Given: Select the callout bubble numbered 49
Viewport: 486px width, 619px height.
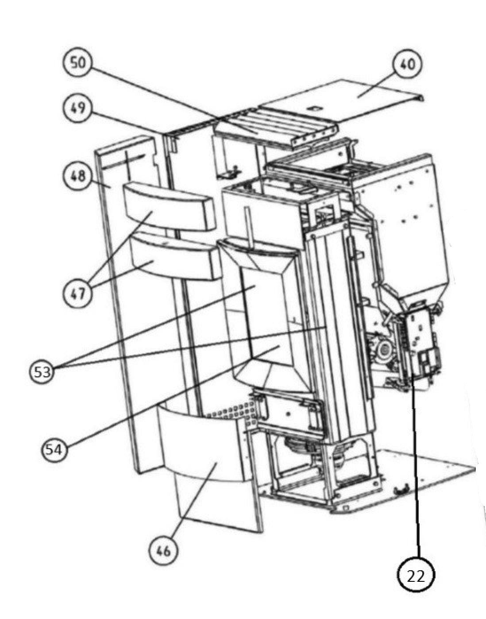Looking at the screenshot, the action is pyautogui.click(x=77, y=108).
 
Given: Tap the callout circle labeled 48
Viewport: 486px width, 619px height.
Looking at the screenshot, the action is pyautogui.click(x=77, y=176).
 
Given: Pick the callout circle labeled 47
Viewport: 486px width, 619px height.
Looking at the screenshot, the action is pyautogui.click(x=77, y=293).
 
